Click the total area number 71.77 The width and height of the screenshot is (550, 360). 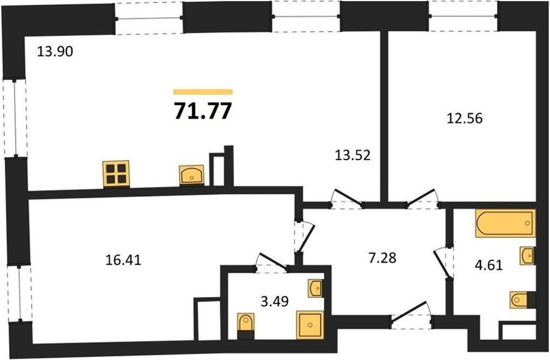203,111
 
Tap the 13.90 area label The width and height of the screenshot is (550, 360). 55,51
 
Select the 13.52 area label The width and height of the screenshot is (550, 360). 353,155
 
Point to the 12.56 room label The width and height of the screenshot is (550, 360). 464,118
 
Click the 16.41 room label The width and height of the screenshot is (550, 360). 123,260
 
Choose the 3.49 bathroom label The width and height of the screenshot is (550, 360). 274,301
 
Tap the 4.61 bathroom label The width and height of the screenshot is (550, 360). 489,265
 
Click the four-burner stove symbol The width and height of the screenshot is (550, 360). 116,174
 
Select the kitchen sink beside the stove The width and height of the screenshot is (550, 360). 191,175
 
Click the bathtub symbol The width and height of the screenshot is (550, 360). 505,223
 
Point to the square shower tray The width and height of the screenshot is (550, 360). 310,325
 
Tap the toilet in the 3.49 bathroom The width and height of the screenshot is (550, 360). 246,326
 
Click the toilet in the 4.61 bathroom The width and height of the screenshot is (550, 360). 522,300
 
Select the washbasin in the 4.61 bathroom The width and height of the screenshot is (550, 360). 527,255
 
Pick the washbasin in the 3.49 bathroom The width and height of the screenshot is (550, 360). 315,288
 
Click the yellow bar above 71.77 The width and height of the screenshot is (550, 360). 203,92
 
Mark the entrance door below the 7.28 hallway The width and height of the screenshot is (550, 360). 411,315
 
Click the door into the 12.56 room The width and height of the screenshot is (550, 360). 421,199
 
